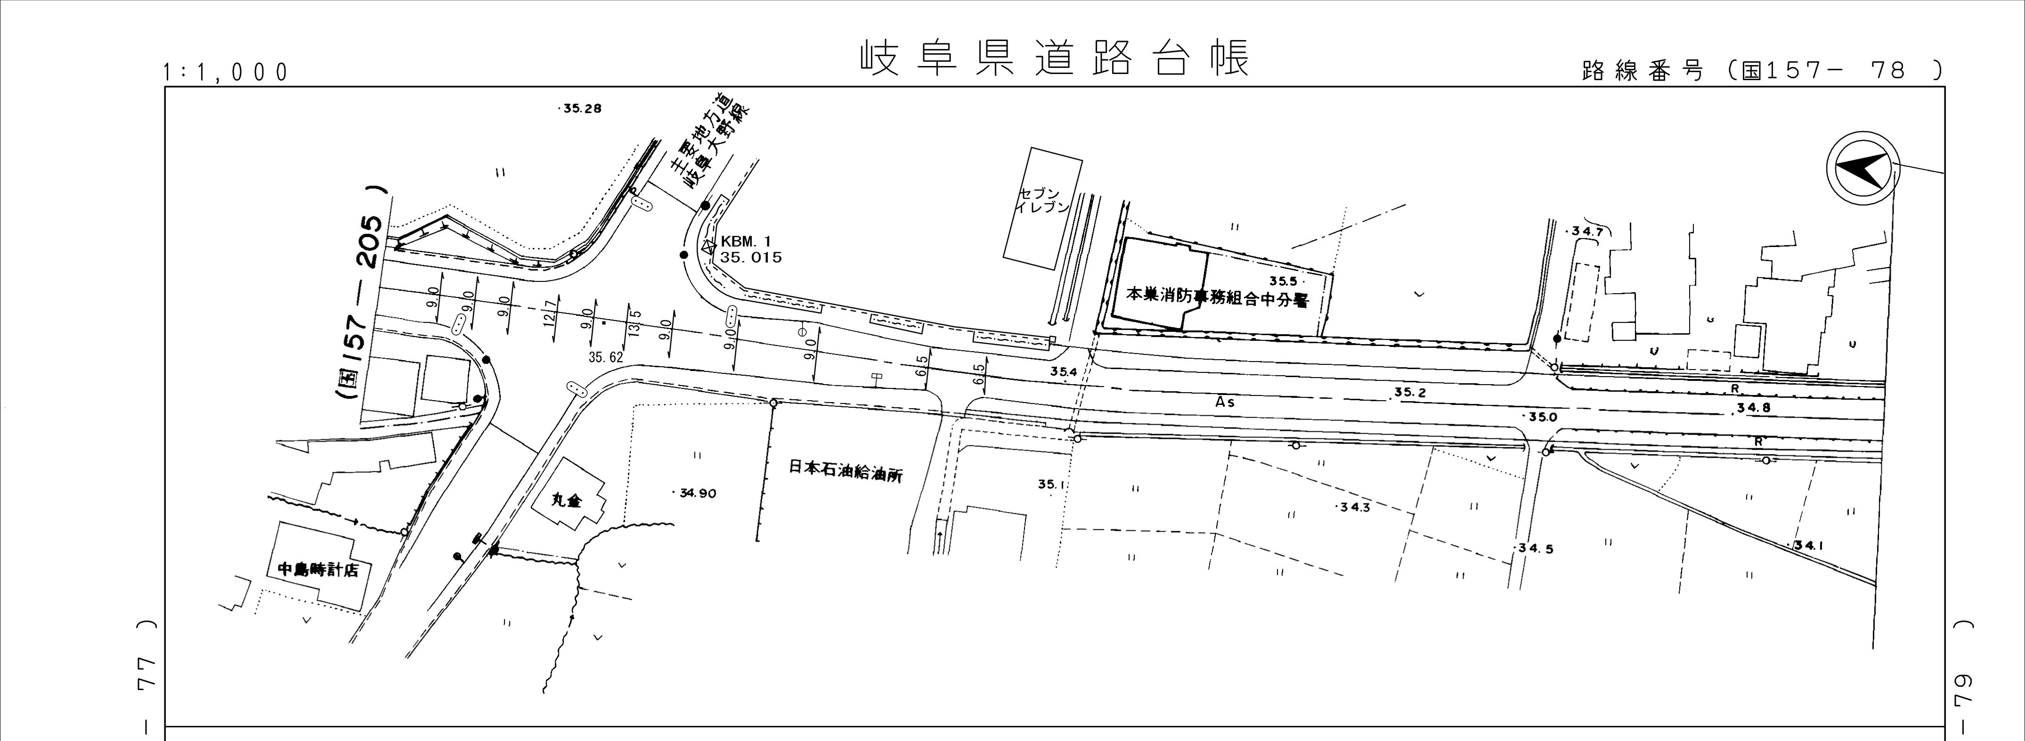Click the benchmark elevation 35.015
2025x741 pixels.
[751, 257]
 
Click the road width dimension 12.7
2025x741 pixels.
[550, 313]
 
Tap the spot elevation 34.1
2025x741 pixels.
[1805, 544]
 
